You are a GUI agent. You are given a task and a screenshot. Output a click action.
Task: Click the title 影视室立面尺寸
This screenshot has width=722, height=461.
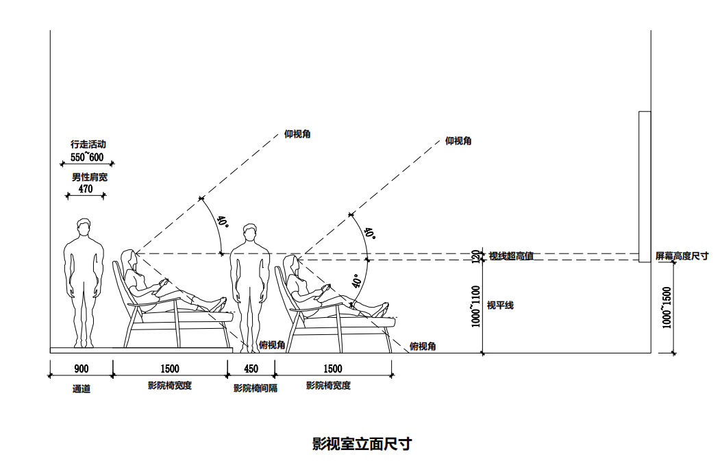[362, 444]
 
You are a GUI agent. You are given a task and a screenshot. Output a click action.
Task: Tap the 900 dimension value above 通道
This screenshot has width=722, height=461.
[81, 369]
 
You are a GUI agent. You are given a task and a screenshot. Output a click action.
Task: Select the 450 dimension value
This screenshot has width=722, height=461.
[251, 369]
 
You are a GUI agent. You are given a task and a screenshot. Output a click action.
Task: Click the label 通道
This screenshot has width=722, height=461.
[82, 389]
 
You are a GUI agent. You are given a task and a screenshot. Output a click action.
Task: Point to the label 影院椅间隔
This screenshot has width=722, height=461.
[256, 388]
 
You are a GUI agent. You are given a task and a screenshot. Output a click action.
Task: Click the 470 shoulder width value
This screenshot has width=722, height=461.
[86, 189]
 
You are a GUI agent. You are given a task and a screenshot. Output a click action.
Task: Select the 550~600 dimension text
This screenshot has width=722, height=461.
[87, 158]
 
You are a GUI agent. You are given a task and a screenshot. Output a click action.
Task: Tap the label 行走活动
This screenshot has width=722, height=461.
[88, 145]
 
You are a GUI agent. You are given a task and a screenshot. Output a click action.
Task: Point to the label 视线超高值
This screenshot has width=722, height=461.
[511, 256]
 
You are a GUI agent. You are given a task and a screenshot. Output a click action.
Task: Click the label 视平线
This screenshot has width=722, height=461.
[500, 306]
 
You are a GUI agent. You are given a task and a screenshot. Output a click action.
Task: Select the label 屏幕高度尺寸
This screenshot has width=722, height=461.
[682, 256]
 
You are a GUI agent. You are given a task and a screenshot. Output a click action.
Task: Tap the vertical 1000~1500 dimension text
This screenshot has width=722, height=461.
[667, 308]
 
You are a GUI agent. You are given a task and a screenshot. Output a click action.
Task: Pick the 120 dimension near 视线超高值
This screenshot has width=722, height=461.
[477, 256]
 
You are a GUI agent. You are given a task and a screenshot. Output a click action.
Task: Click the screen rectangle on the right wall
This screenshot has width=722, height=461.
[644, 186]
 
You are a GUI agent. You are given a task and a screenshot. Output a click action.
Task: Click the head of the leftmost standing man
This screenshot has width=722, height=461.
[84, 227]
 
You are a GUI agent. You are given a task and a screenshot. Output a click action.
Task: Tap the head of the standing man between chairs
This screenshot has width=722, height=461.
[250, 234]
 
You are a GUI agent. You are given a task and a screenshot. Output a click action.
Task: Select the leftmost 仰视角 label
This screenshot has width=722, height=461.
[297, 134]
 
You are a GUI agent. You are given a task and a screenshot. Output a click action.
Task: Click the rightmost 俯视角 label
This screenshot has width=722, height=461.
[423, 347]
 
